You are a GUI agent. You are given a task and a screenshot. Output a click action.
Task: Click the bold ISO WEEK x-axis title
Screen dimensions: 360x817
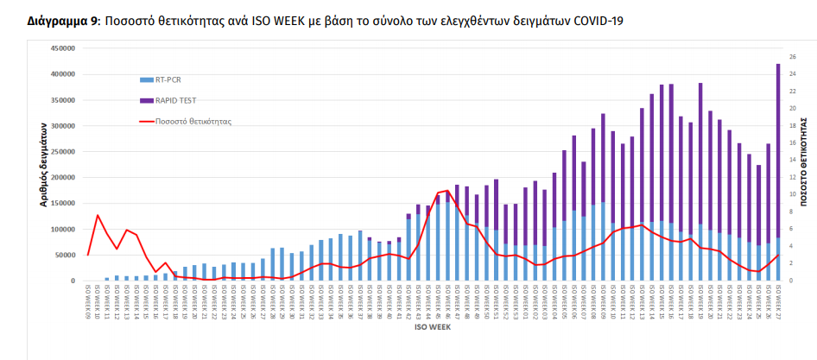tap(432, 329)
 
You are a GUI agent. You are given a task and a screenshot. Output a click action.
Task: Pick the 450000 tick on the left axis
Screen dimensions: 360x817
tap(60, 48)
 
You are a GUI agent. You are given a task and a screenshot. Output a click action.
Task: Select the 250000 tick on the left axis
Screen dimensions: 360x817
tap(60, 152)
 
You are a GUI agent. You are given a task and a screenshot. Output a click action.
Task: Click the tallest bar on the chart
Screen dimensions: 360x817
tap(777, 173)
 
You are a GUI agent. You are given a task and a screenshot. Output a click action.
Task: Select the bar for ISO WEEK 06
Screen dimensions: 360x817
tap(573, 207)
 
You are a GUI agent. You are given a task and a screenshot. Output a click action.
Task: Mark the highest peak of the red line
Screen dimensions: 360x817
tap(447, 190)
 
